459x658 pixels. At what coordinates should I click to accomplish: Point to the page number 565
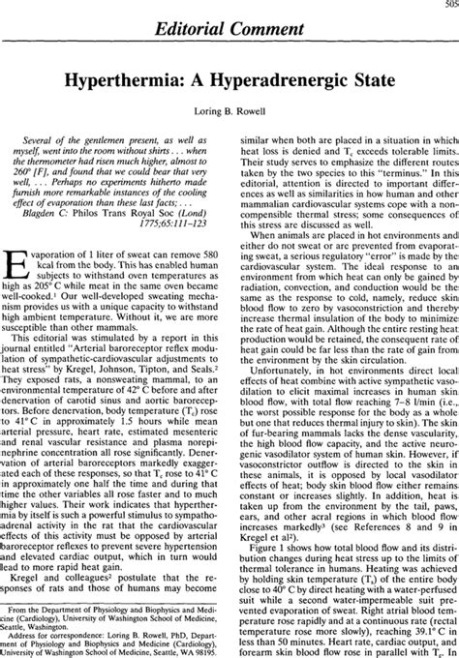pos(447,6)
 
